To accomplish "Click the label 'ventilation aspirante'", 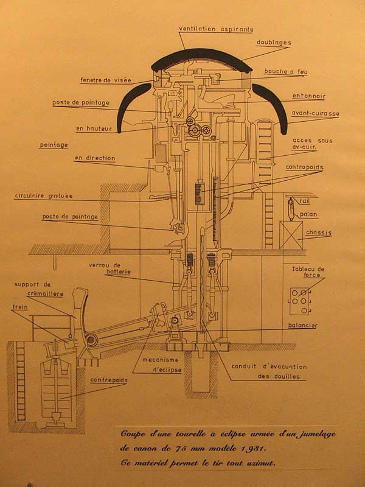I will tap(216, 29).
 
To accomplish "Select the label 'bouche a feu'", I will tap(285, 72).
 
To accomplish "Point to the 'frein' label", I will tap(20, 307).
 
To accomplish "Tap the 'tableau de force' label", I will tap(312, 273).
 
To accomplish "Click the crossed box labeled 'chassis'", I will tap(291, 233).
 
